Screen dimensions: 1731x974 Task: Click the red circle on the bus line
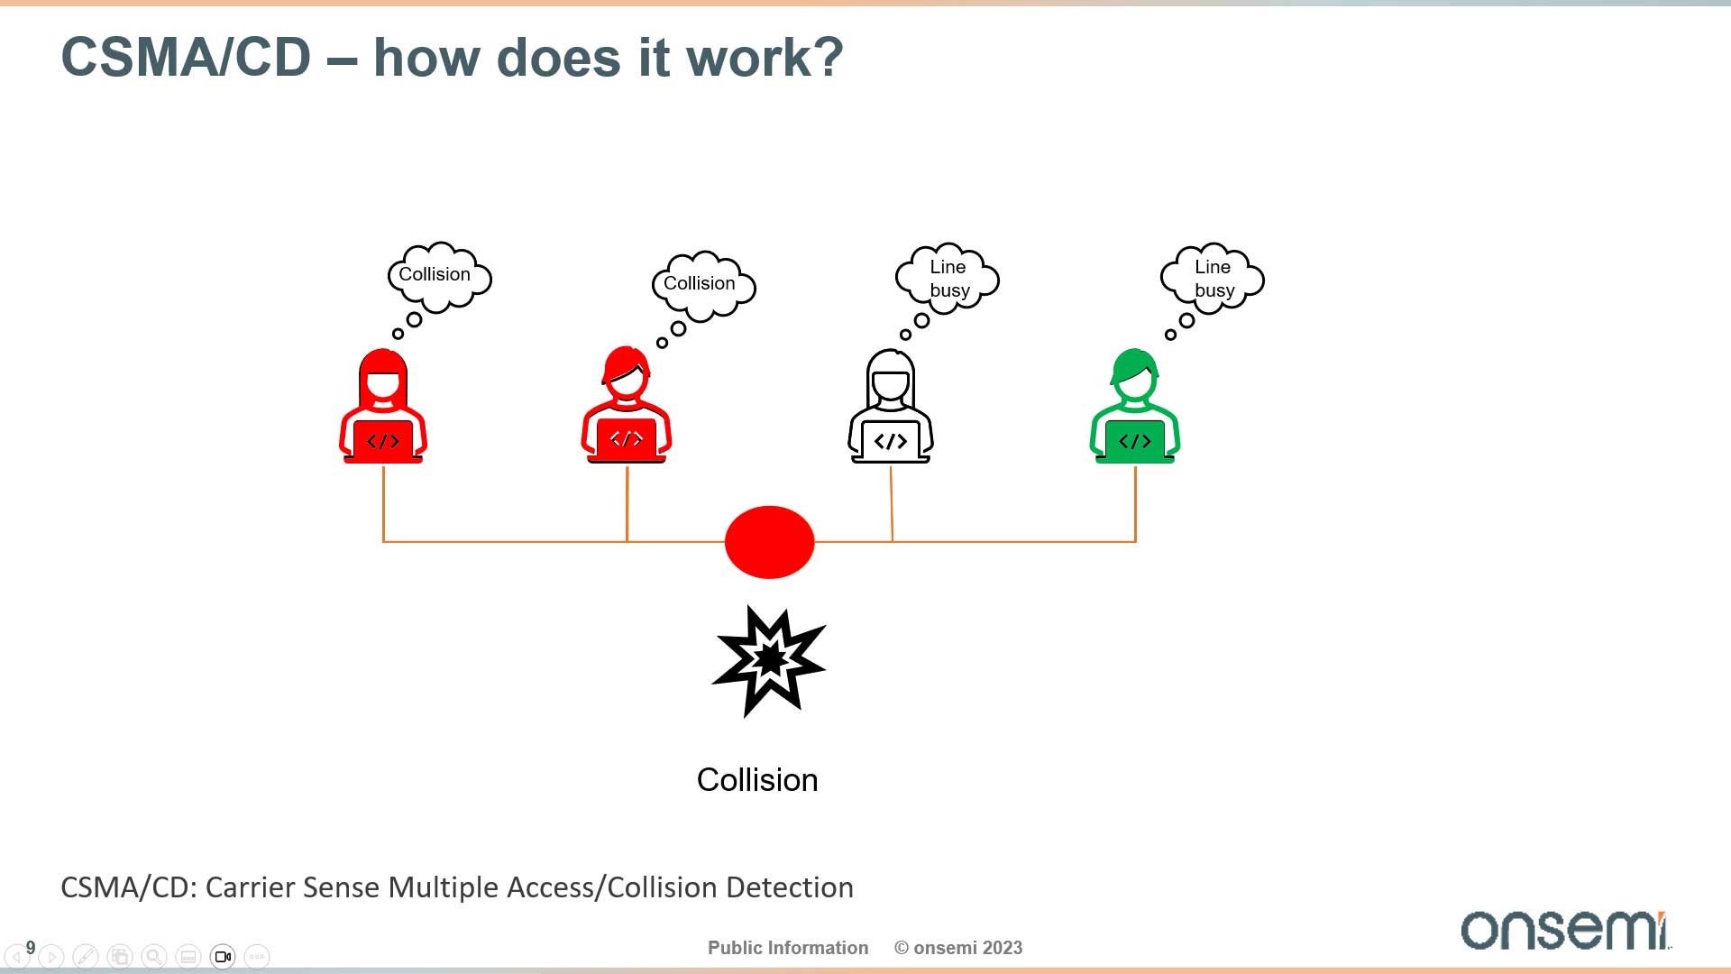[769, 542]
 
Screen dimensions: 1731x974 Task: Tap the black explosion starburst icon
[769, 661]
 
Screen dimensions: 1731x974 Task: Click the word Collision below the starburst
[757, 780]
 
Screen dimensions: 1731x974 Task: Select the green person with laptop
[1135, 406]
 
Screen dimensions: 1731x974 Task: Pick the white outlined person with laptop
[891, 406]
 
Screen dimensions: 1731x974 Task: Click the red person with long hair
[383, 406]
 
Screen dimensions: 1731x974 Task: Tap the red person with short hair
[627, 406]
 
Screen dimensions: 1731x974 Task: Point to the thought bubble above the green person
[1213, 279]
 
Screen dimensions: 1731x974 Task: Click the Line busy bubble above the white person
[948, 279]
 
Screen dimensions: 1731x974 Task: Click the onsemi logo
[1566, 930]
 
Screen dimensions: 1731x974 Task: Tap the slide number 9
[31, 948]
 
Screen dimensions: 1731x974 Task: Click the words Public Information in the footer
[788, 948]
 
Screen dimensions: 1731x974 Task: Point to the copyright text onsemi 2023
[958, 948]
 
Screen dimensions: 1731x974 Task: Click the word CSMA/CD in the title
[186, 58]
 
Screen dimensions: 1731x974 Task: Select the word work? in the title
[765, 58]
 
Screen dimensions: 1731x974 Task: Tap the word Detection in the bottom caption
[790, 887]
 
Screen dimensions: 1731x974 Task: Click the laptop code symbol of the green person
[1135, 441]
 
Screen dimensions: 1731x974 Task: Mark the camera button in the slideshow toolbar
[223, 956]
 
